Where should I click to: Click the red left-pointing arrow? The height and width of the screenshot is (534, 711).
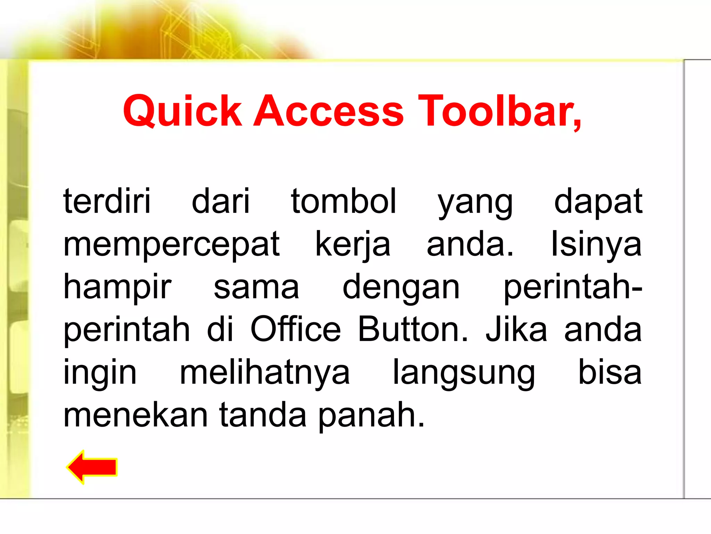92,467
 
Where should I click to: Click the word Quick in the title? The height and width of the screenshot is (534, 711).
182,111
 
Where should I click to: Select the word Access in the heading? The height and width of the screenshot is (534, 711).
328,111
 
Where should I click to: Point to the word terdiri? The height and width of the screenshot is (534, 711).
107,201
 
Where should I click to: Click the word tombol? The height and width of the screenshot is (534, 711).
344,201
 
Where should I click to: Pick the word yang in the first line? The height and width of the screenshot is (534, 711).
475,203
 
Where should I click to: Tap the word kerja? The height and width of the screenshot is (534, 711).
353,245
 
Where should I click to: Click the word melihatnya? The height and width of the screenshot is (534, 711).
265,373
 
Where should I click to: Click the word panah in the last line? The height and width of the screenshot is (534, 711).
371,415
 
